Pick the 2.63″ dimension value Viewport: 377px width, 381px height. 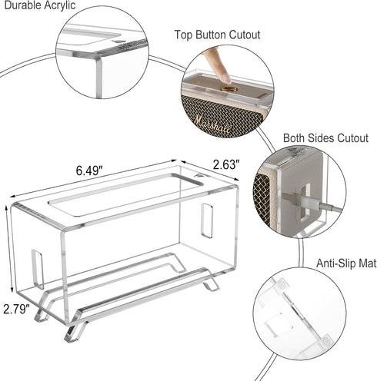coord(225,164)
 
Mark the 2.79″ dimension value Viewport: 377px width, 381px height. coord(15,310)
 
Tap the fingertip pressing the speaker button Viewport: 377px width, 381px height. coord(224,74)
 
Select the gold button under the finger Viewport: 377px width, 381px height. coord(229,89)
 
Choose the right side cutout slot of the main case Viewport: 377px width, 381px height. coord(207,220)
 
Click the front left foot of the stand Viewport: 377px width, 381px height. coord(73,333)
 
